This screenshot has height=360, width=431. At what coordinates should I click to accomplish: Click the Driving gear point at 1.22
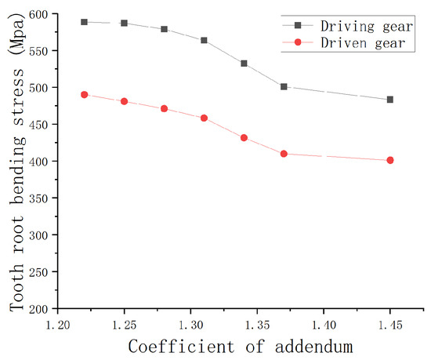(84, 22)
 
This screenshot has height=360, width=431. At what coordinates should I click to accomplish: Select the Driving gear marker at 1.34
(244, 64)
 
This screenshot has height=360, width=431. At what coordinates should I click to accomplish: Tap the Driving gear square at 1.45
(390, 100)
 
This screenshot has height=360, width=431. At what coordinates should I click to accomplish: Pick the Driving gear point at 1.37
(284, 86)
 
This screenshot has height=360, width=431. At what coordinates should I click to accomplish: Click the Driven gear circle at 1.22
(84, 94)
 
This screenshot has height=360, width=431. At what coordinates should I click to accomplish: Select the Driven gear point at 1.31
(205, 118)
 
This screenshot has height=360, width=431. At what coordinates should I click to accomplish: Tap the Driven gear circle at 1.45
(390, 160)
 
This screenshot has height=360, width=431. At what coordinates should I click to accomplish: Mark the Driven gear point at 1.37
(284, 154)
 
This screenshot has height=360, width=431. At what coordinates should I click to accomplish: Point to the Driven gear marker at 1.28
(164, 108)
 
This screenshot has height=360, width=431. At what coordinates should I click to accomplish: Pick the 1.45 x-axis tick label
(390, 323)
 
